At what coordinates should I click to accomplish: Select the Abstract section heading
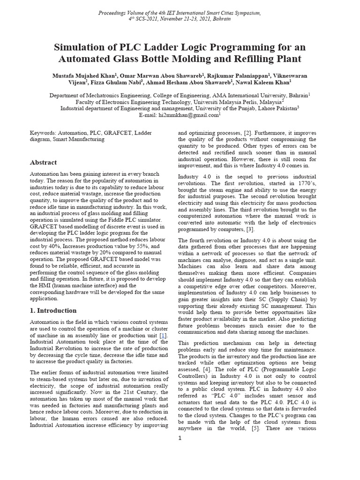(43, 162)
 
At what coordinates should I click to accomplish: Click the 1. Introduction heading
(53, 310)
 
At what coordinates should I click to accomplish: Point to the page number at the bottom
(180, 438)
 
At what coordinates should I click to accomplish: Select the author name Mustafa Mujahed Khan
(86, 75)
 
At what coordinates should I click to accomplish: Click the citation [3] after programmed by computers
(250, 229)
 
